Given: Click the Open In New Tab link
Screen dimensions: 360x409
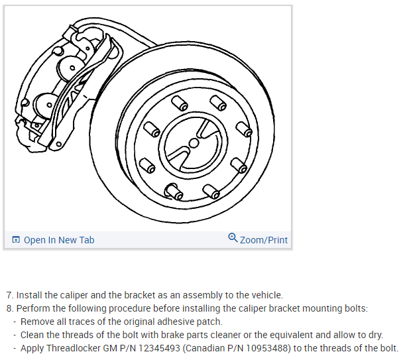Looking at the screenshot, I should pyautogui.click(x=59, y=240).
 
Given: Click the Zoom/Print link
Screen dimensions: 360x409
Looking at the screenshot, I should pyautogui.click(x=264, y=240).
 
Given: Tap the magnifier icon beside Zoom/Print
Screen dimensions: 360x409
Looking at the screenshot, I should pyautogui.click(x=233, y=238).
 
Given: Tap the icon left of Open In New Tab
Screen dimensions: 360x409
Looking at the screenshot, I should pyautogui.click(x=16, y=240).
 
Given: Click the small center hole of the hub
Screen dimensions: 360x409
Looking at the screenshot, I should pyautogui.click(x=194, y=143).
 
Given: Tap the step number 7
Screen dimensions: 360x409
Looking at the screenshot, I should pyautogui.click(x=9, y=295).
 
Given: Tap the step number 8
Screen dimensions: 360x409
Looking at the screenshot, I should pyautogui.click(x=9, y=308).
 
